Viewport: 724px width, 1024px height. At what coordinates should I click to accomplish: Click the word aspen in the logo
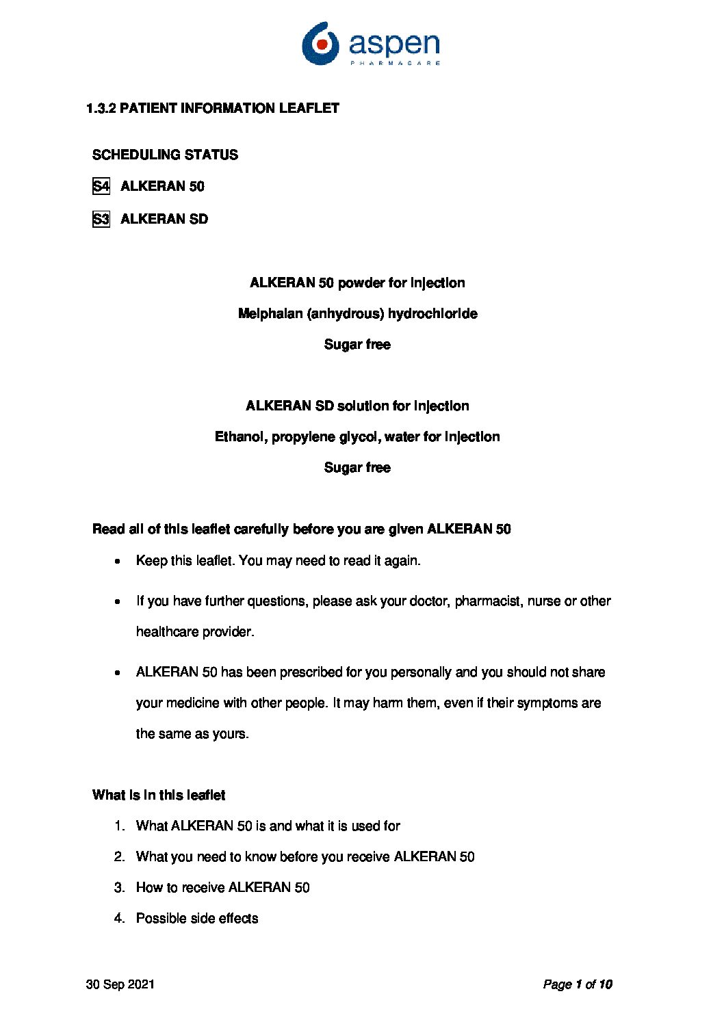point(393,44)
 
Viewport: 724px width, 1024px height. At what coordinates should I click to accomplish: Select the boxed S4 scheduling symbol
point(101,186)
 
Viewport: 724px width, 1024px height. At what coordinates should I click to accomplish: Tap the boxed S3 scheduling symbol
point(101,219)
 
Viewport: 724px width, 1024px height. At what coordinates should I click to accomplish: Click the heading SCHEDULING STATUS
point(165,155)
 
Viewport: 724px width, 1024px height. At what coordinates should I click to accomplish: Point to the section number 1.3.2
point(101,108)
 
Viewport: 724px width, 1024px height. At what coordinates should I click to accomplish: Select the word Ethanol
point(240,436)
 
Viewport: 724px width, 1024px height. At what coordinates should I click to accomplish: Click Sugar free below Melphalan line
point(357,345)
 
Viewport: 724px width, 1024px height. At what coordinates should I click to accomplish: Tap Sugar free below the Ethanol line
point(357,468)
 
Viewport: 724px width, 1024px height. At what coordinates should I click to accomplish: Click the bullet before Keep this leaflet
point(118,562)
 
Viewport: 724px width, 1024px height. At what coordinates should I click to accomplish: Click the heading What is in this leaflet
point(159,795)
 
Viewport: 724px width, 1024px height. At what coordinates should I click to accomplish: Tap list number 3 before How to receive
point(119,888)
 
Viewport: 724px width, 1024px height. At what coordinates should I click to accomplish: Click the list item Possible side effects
point(197,919)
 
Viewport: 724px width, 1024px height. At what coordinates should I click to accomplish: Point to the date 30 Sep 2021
point(120,984)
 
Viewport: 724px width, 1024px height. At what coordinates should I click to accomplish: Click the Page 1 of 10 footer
point(578,984)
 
